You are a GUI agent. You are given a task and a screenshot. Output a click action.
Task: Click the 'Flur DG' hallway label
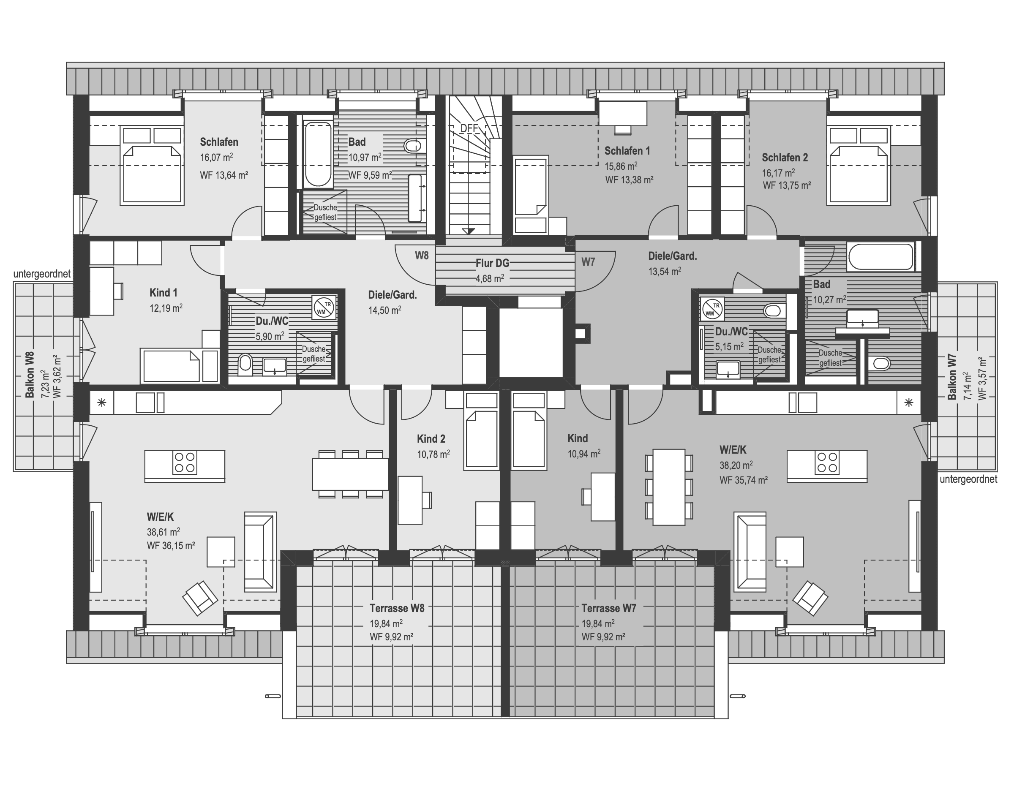point(492,263)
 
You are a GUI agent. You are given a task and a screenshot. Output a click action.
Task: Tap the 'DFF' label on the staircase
point(469,128)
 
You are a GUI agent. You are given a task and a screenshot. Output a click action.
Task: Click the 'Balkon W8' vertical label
point(30,375)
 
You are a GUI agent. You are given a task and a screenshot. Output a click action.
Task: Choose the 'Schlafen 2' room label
point(785,158)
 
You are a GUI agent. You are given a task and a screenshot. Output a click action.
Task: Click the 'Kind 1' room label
point(164,293)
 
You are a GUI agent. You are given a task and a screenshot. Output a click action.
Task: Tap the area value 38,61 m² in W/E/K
point(164,532)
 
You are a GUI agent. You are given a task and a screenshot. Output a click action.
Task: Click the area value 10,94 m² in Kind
point(584,454)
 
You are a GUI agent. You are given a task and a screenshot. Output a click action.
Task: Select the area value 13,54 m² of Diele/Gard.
point(665,271)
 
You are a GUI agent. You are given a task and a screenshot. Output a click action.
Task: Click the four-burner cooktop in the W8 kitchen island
point(185,462)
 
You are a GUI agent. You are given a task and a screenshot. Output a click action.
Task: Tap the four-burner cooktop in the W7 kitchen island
point(827,462)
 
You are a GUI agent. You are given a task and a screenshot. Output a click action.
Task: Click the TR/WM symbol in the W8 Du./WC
point(324,307)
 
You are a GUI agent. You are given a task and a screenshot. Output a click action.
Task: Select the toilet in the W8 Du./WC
point(245,365)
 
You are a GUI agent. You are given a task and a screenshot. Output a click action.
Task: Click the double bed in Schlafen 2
point(859,165)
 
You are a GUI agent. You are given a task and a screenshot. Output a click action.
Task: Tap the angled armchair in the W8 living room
point(200,598)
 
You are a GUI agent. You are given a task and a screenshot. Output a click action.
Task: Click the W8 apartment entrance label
point(422,255)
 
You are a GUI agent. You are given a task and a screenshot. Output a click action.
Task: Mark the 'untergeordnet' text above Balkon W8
point(42,274)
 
